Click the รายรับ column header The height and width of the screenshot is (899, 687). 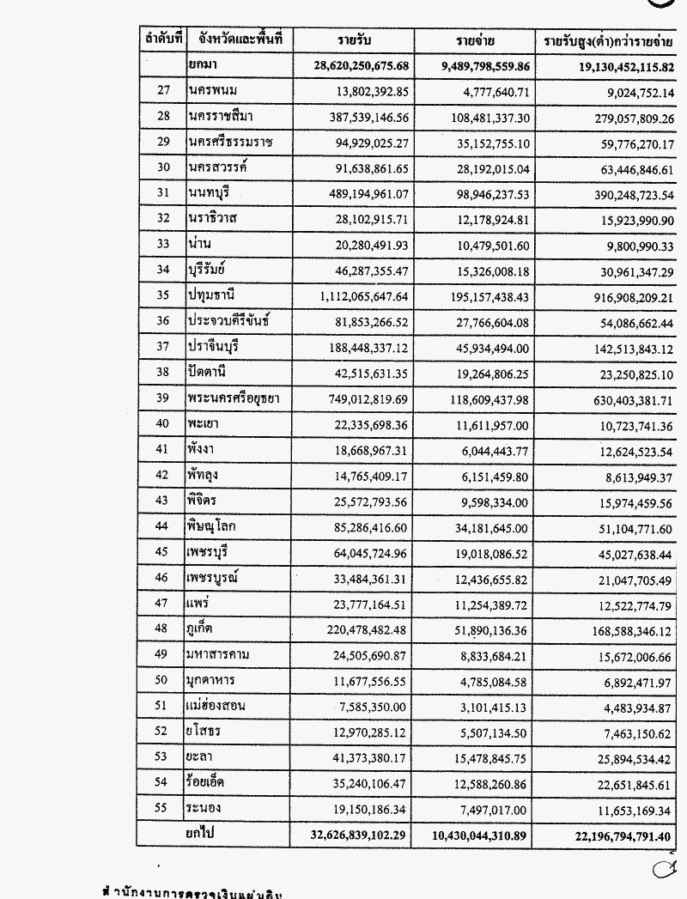pos(352,40)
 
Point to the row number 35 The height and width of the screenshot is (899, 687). pos(165,297)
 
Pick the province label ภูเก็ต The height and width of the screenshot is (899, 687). pos(204,630)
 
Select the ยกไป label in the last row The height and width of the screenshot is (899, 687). pos(204,834)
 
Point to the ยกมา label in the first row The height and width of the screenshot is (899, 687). pos(203,66)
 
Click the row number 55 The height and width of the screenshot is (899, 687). pos(165,809)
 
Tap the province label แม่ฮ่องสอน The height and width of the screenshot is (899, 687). pos(216,706)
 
